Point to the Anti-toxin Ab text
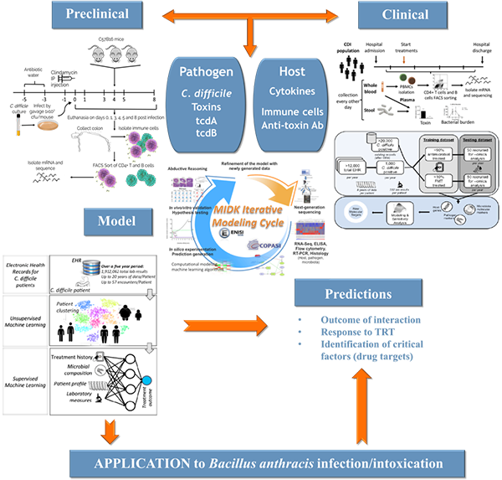[293, 126]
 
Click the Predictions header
[361, 295]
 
